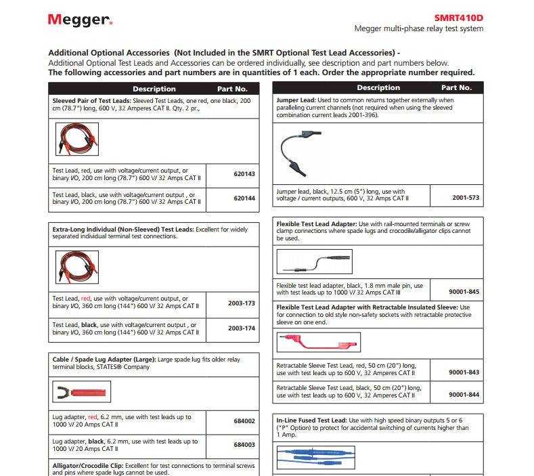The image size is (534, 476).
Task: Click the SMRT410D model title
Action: [458, 18]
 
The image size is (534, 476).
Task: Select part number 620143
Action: [244, 174]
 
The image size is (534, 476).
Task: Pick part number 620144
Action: [244, 198]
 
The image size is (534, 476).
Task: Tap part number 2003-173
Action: [242, 303]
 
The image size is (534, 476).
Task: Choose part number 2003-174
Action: [242, 328]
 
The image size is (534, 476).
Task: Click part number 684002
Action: [244, 421]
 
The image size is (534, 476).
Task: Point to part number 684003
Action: [244, 445]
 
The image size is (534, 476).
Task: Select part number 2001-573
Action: [465, 198]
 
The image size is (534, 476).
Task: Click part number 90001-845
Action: [464, 292]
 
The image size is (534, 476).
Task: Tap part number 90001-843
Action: [464, 372]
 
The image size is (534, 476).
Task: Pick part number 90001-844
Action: [464, 394]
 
